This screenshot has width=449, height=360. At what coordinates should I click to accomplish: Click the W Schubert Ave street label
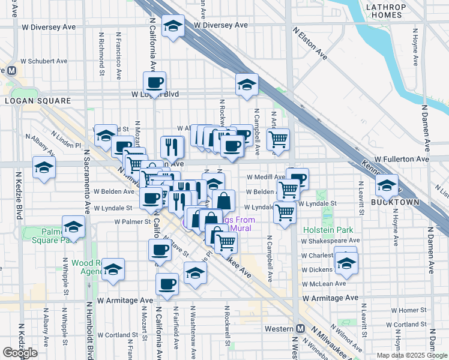(44, 61)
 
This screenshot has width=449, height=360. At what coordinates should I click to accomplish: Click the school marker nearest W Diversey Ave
(173, 26)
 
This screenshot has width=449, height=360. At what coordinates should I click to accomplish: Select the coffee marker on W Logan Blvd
(154, 82)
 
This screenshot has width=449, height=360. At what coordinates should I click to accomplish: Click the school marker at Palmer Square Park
(74, 227)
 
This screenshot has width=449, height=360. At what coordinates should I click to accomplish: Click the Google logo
(20, 352)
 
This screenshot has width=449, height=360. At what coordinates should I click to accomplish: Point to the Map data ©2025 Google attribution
(411, 355)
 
